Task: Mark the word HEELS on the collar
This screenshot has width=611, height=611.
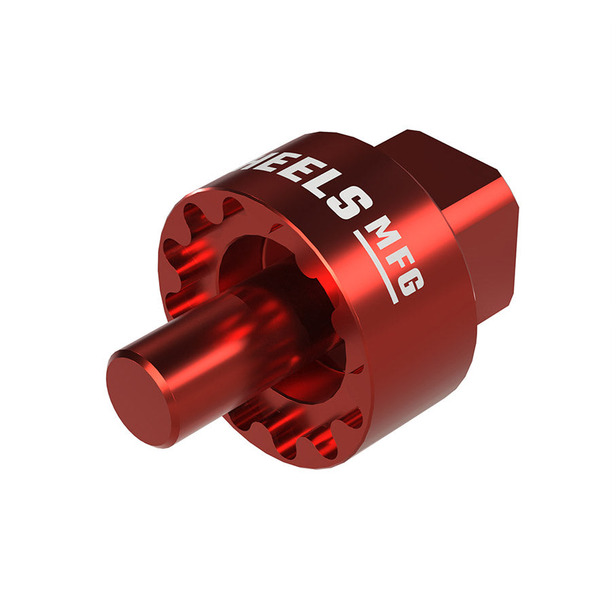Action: (305, 180)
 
